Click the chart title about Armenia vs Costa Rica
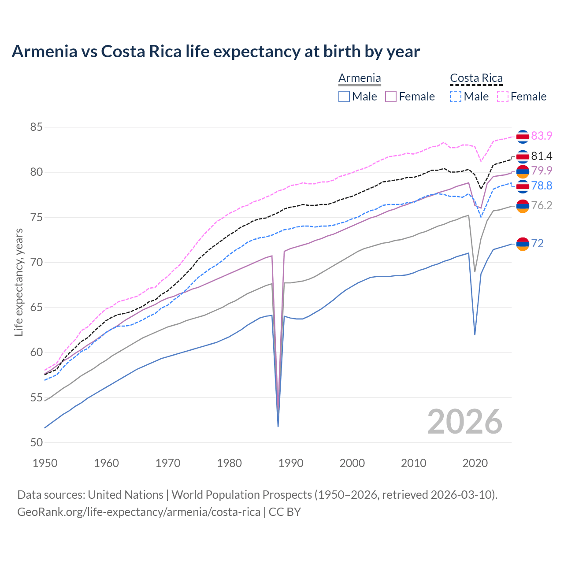coord(215,52)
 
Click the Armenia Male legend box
coord(344,96)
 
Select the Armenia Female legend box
coord(391,96)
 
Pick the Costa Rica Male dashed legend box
coord(456,96)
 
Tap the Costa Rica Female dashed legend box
coord(502,96)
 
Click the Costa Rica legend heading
coord(476,78)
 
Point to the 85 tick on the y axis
coord(36,127)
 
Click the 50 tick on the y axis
coord(36,442)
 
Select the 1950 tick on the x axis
coord(45,463)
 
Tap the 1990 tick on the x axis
coord(291,463)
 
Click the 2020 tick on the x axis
coord(475,463)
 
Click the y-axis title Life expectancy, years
coord(19,282)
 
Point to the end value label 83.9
coord(542,136)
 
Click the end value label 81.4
coord(542,156)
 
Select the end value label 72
coord(537,243)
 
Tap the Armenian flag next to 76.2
coord(523,206)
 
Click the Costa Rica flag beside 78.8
coord(523,186)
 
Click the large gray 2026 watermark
coord(464,422)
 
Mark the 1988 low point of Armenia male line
coord(278,426)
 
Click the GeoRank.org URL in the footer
coord(139,512)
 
